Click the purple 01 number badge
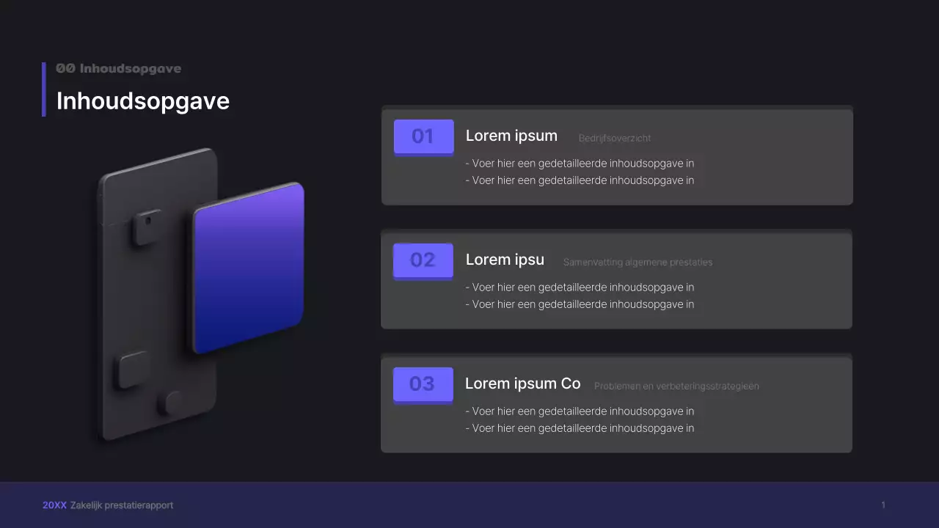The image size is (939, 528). [x=423, y=136]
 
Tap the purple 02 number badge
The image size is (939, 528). [x=423, y=260]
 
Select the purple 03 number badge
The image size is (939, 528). [x=423, y=384]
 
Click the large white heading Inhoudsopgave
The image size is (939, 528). [x=143, y=101]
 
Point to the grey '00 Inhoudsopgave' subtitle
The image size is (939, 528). [x=118, y=68]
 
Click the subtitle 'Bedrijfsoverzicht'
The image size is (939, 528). [x=615, y=138]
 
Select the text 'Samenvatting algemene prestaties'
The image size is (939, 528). [x=637, y=263]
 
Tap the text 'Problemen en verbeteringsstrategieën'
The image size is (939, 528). [x=676, y=386]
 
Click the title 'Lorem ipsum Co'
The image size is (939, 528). [x=522, y=384]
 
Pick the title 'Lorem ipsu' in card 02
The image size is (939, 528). [x=505, y=260]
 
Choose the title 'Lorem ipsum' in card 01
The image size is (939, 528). [x=511, y=136]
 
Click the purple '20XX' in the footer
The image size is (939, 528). [x=54, y=505]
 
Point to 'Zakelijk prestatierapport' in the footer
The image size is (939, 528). [x=122, y=505]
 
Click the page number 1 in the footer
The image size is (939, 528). [x=883, y=505]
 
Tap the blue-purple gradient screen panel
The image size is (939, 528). [x=249, y=268]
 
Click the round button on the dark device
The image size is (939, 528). [x=173, y=403]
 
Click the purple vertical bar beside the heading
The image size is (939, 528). [x=44, y=89]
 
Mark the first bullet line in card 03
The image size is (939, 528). [x=580, y=411]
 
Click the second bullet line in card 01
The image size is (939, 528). [x=580, y=180]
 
